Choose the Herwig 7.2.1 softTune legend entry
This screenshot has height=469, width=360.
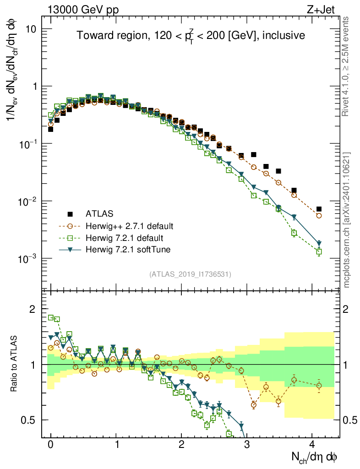point(128,250)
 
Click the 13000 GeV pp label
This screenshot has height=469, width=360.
point(82,8)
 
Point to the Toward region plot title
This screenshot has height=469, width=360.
point(191,35)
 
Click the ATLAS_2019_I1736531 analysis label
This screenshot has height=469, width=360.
point(190,274)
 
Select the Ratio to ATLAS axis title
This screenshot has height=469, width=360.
point(15,364)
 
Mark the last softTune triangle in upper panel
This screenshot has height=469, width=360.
point(319,244)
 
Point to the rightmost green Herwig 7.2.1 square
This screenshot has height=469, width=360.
point(319,251)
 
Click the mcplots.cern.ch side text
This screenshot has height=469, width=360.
point(347,220)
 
